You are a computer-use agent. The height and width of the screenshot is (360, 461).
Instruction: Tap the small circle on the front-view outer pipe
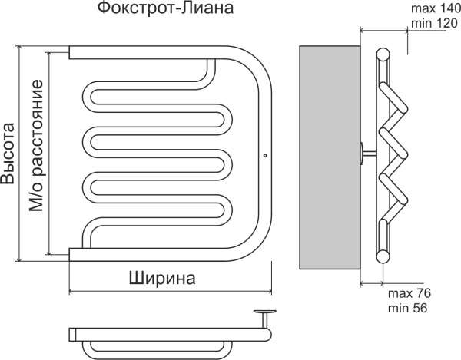pyautogui.click(x=264, y=156)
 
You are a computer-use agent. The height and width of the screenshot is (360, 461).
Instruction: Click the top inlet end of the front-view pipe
pyautogui.click(x=74, y=53)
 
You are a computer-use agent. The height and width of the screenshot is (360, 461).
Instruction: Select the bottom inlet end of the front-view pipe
pyautogui.click(x=74, y=254)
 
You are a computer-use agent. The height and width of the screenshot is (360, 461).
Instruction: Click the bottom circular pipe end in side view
pyautogui.click(x=383, y=254)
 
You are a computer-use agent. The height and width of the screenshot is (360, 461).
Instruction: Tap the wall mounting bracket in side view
pyautogui.click(x=366, y=154)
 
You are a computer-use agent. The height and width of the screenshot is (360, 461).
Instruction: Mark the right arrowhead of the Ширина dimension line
pyautogui.click(x=270, y=291)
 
